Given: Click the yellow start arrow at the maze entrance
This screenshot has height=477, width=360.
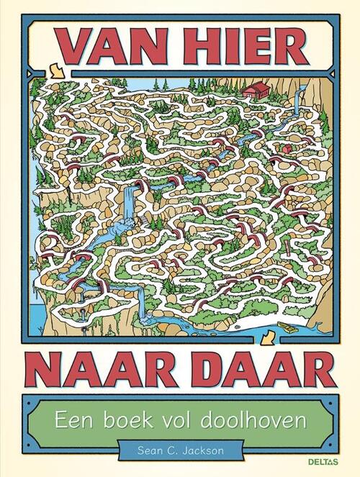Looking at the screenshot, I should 55,70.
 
